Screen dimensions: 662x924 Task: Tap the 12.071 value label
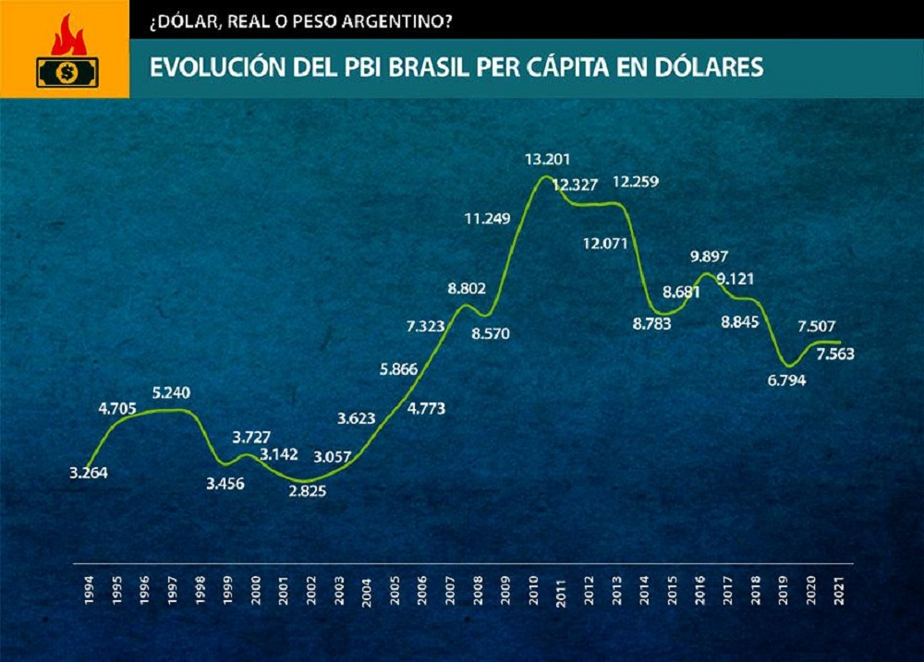(x=605, y=245)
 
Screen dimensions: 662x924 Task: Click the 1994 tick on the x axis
(x=88, y=589)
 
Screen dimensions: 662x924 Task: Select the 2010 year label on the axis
(x=534, y=589)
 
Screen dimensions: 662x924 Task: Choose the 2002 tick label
(x=310, y=589)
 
